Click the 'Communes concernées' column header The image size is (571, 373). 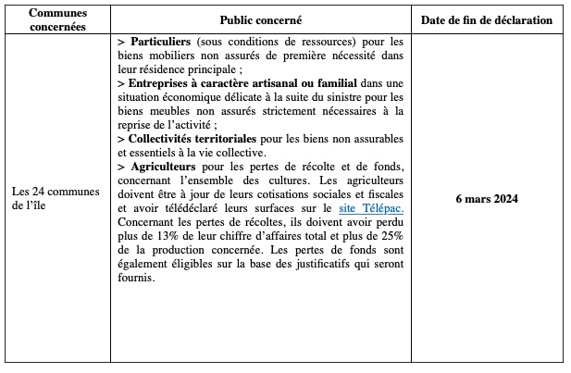coord(57,19)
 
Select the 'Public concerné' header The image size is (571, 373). coord(261,19)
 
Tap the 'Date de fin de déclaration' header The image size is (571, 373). coord(487,19)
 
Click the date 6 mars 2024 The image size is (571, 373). coord(487,199)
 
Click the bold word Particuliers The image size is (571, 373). coord(161,43)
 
